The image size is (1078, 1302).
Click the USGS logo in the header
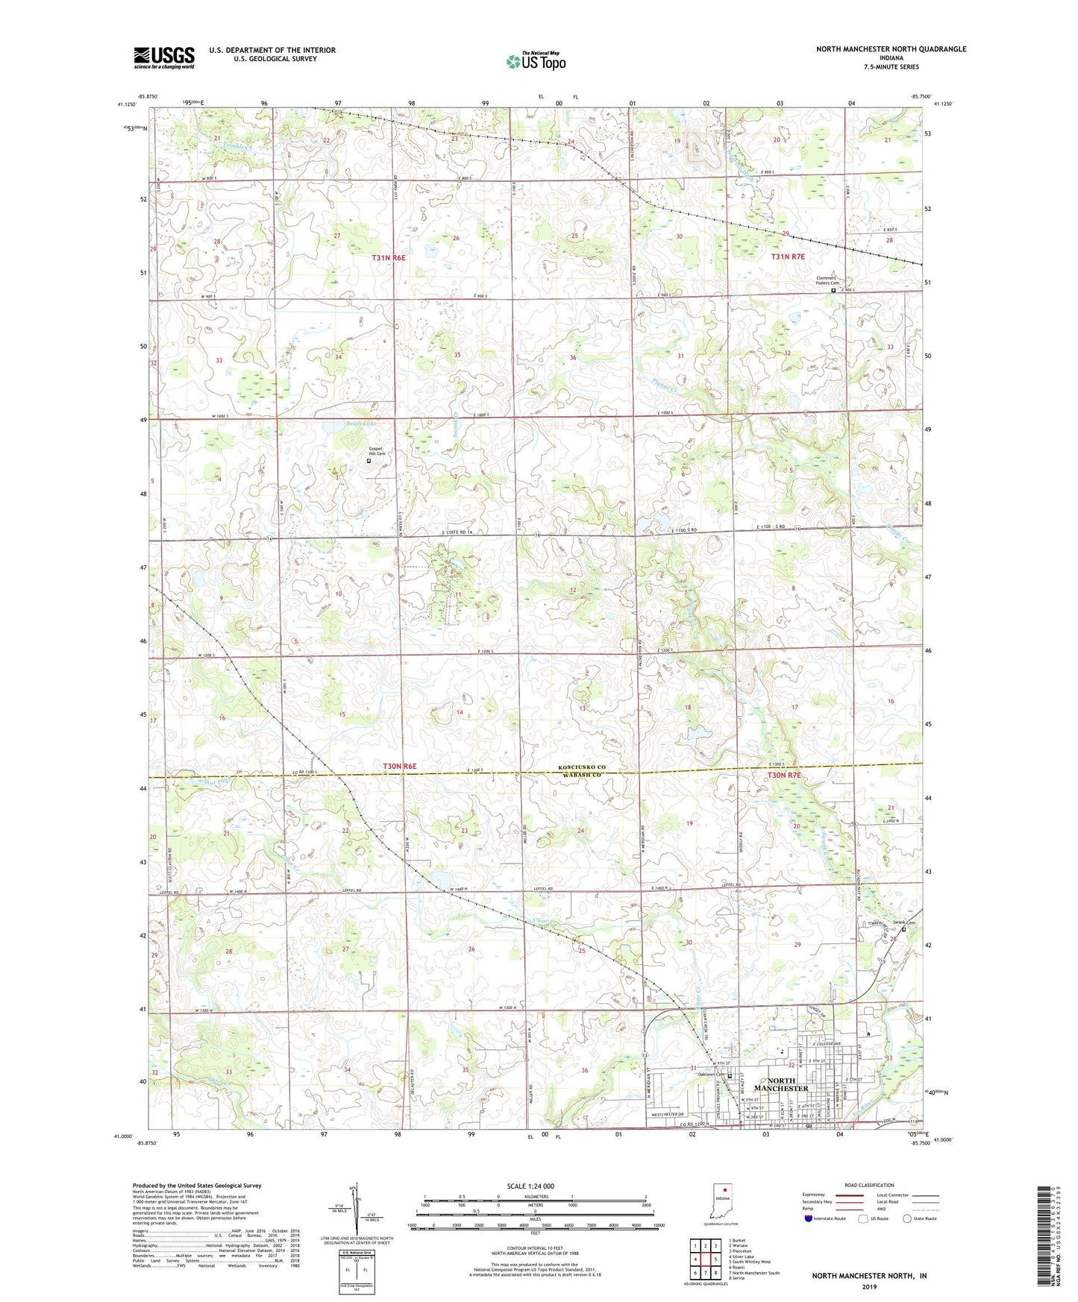(163, 57)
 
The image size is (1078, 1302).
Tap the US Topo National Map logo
(535, 61)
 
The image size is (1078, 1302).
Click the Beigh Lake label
(361, 424)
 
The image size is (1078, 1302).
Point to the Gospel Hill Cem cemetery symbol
(368, 462)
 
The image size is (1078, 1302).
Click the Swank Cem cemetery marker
(903, 930)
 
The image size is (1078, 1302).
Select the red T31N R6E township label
(389, 257)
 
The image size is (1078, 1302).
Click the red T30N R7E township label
(785, 776)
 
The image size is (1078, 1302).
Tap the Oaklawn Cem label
(711, 1075)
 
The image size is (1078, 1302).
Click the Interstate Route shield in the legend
(809, 1218)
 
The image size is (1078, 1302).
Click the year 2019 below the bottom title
(869, 1287)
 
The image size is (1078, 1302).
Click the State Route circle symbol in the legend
(908, 1218)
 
